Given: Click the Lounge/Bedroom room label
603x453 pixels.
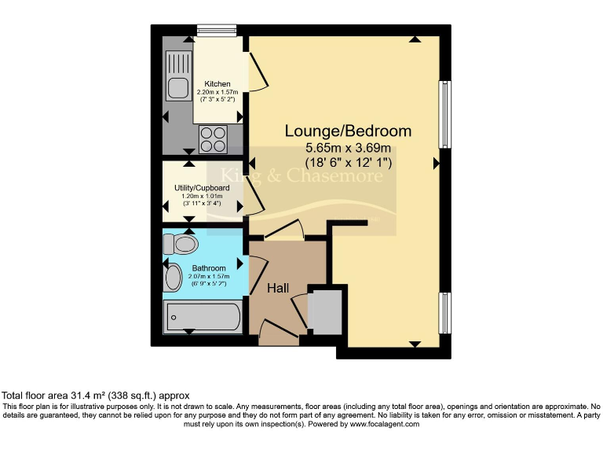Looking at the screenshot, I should point(348,131).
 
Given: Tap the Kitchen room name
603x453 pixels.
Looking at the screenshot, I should point(217,83).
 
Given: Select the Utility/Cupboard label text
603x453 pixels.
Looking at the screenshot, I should point(202,188).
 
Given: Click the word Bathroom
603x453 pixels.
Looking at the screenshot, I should point(207,268).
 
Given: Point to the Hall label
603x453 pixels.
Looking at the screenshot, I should point(278,289).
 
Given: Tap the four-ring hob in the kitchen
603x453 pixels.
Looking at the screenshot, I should point(212,139).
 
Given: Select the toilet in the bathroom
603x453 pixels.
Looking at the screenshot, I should point(181,245).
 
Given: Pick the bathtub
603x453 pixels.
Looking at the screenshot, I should point(203,318).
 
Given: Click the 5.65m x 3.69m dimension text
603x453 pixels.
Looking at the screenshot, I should point(348,147).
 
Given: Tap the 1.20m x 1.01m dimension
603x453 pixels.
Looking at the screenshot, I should point(202,196).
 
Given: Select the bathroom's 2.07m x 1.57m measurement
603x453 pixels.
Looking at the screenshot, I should point(207,277).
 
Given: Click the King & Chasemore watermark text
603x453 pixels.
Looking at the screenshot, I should point(302,175).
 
